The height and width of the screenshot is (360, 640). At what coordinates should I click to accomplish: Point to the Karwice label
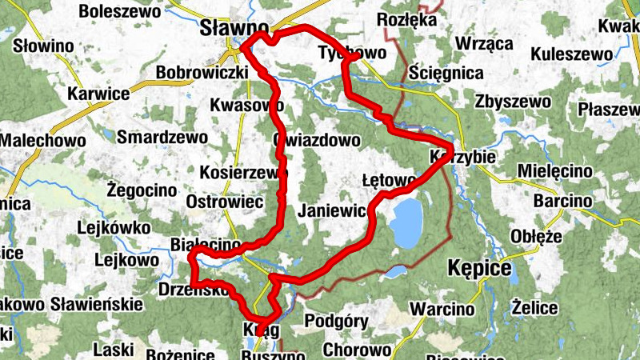click(98, 94)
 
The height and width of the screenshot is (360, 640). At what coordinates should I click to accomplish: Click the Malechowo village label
click(42, 140)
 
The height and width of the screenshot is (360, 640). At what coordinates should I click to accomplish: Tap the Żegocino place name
click(141, 190)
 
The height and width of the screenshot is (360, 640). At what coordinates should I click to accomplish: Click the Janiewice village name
click(333, 212)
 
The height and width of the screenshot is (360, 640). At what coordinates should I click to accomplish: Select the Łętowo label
click(387, 181)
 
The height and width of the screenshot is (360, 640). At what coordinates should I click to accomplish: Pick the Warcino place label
click(442, 309)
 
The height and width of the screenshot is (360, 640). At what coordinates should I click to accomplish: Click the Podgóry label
click(336, 322)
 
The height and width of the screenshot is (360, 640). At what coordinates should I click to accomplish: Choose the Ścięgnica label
click(446, 74)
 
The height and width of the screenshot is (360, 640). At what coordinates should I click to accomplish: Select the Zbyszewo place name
click(512, 102)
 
